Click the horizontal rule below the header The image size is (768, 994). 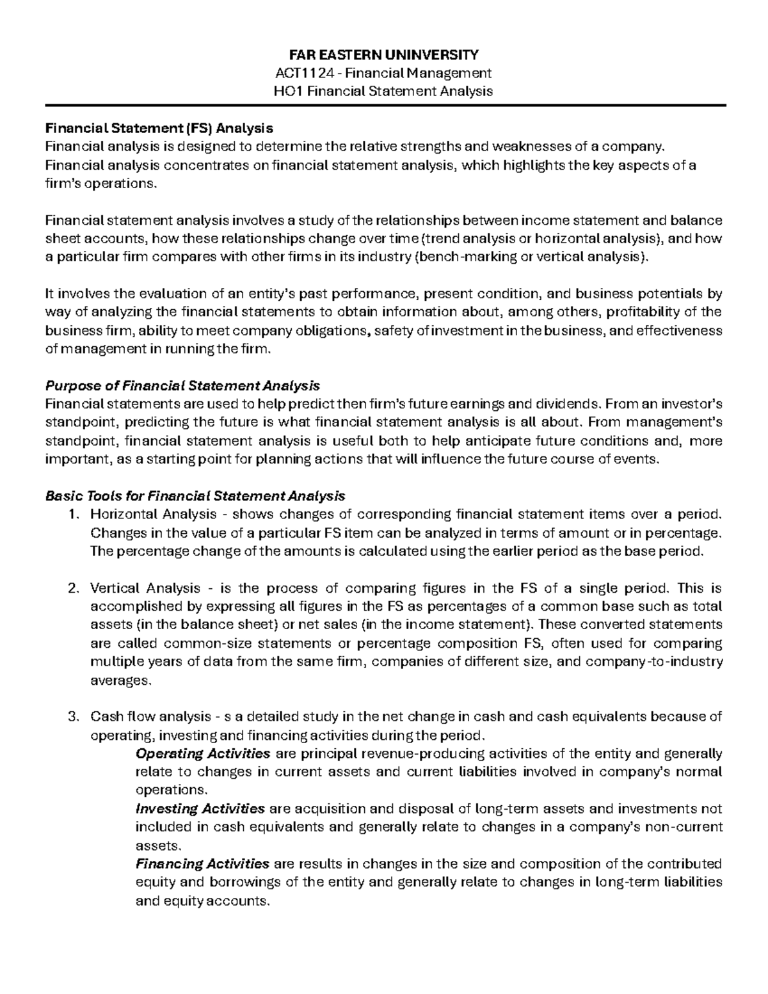[x=384, y=106]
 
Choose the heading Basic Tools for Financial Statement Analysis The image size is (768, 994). [x=195, y=496]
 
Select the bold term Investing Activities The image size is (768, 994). [x=200, y=808]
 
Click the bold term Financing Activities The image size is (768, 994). [x=203, y=864]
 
